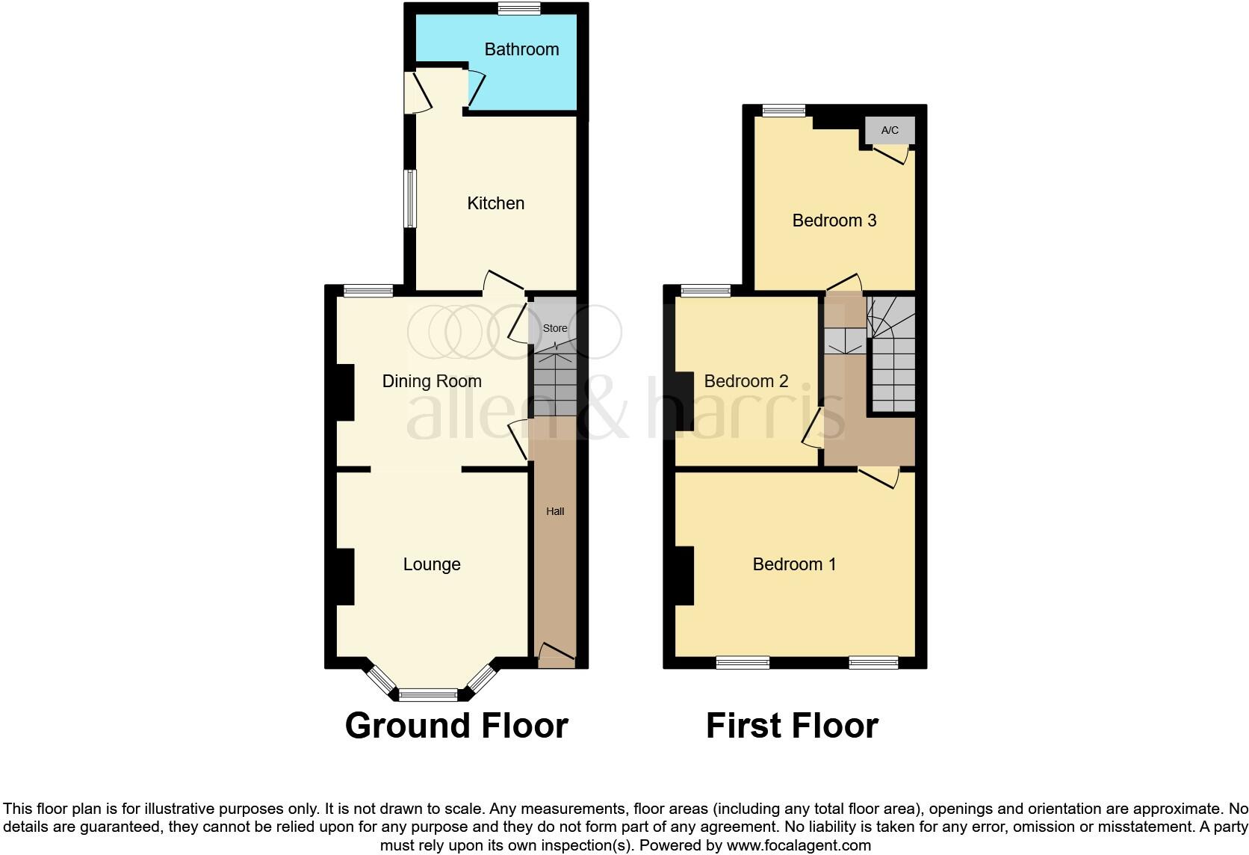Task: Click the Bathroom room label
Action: point(521,49)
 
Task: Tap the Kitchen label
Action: point(495,203)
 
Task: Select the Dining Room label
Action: point(432,381)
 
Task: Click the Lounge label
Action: point(432,564)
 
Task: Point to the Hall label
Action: point(555,511)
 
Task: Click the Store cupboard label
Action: point(555,328)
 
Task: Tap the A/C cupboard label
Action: point(890,130)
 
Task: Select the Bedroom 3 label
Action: point(834,220)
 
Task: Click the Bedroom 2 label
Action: point(746,381)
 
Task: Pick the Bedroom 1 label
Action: point(794,564)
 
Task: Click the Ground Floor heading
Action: point(456,726)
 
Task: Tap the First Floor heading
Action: point(792,726)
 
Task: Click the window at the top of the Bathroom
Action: point(520,9)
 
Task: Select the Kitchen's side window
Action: point(410,198)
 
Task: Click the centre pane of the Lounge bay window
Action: point(428,695)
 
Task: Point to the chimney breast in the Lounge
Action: point(344,576)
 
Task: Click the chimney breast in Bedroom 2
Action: point(684,401)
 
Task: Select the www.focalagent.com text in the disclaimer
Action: point(799,846)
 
